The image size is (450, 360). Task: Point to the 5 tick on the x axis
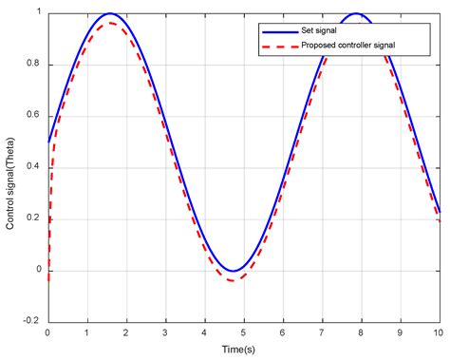click(243, 322)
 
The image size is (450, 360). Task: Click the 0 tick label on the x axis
click(47, 332)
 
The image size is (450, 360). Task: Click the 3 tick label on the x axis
click(165, 332)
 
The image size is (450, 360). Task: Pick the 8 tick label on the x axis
click(361, 332)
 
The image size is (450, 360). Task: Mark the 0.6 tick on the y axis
click(47, 116)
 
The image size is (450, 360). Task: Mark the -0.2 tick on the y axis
click(47, 322)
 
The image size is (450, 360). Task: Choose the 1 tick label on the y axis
click(39, 12)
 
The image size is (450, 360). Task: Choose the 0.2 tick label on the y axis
click(34, 218)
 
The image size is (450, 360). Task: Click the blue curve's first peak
click(109, 13)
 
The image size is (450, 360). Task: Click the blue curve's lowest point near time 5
click(233, 271)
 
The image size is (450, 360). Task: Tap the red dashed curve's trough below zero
click(234, 280)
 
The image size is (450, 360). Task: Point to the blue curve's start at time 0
click(48, 142)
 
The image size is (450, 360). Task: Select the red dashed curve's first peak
click(110, 23)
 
